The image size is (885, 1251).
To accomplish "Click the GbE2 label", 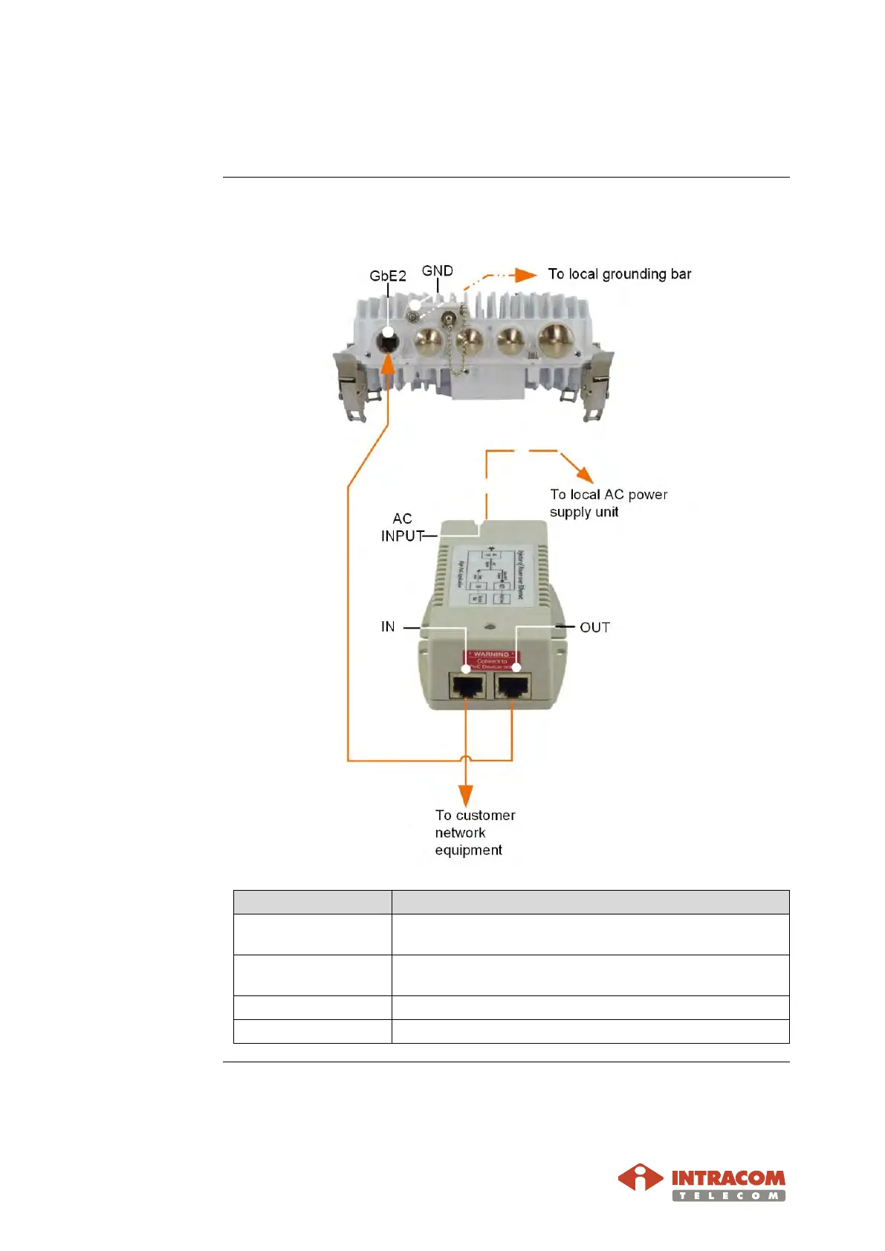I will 387,276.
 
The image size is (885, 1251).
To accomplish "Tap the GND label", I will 437,271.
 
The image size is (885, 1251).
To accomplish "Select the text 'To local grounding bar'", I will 619,274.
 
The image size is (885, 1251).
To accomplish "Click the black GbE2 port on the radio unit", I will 387,342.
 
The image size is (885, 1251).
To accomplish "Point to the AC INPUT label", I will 402,527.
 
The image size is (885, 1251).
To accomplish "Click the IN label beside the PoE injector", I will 388,627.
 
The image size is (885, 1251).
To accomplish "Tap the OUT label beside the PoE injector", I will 594,628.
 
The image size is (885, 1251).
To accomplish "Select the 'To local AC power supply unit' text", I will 608,503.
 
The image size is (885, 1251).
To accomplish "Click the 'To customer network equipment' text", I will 474,833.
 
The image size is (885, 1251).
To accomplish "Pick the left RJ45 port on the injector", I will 467,686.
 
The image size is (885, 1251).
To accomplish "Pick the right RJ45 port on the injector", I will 513,686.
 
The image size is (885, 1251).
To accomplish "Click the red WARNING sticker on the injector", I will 491,659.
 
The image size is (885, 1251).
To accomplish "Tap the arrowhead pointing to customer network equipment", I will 466,795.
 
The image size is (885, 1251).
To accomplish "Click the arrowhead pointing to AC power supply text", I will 584,474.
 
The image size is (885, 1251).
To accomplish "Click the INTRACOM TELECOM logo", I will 701,1182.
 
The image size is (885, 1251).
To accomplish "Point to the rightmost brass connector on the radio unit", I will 556,339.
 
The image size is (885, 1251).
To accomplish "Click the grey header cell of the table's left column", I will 312,902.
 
